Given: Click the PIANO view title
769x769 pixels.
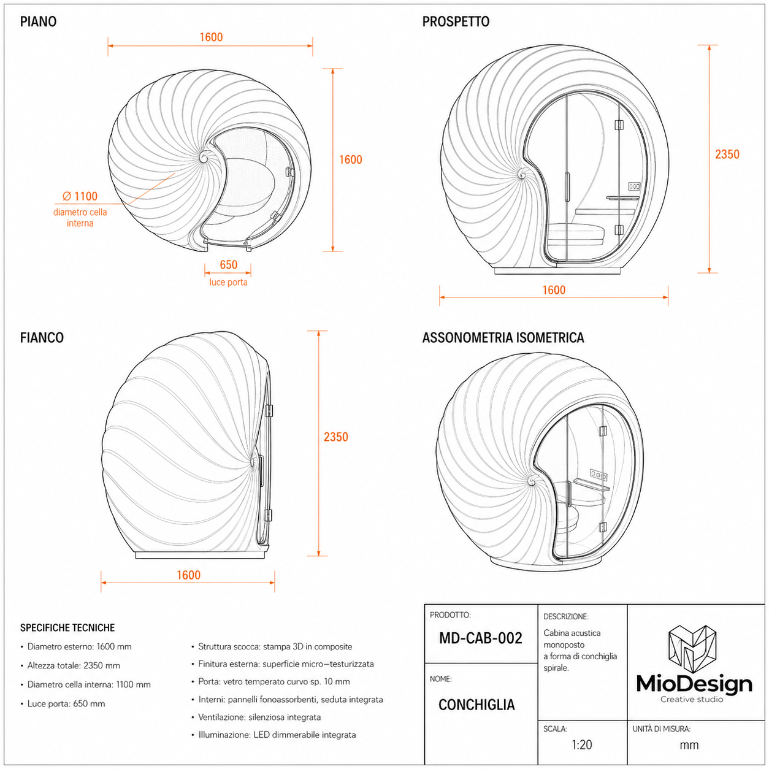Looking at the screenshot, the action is point(38,21).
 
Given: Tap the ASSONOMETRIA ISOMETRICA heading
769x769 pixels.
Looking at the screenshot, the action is point(503,338).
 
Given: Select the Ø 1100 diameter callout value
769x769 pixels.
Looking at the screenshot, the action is point(80,196).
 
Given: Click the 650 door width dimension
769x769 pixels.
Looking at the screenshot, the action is point(228,264).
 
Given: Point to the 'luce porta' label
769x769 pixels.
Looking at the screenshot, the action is point(228,282).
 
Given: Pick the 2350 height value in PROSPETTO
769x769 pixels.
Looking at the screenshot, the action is point(727,155).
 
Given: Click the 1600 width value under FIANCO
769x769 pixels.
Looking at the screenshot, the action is point(188,575).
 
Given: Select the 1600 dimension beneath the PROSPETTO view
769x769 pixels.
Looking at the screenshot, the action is point(554,290).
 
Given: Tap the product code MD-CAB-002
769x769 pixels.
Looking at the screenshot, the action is point(481,638).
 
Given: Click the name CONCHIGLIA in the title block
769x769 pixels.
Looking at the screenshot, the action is point(476,705).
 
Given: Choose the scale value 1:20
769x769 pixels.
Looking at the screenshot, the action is point(581,744).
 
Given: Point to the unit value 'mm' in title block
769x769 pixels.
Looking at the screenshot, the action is point(689,746).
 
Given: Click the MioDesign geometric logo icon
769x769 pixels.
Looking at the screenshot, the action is point(693,649).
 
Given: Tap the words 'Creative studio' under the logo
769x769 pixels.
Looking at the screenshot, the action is point(692,699).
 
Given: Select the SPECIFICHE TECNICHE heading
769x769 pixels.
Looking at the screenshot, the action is point(67,628).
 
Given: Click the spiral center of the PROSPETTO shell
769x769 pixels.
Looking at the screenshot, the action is point(522,174).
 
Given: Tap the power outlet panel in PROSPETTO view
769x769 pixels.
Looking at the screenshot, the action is point(633,186).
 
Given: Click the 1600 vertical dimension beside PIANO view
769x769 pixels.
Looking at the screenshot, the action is point(350,159).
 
